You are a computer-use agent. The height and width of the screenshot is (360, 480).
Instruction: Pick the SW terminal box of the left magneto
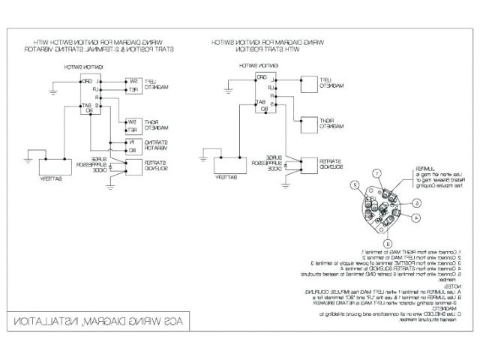pos(131,80)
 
